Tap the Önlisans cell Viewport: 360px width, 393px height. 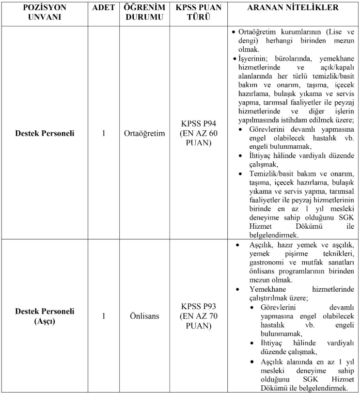(x=143, y=316)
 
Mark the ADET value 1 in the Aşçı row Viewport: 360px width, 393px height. (x=104, y=316)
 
